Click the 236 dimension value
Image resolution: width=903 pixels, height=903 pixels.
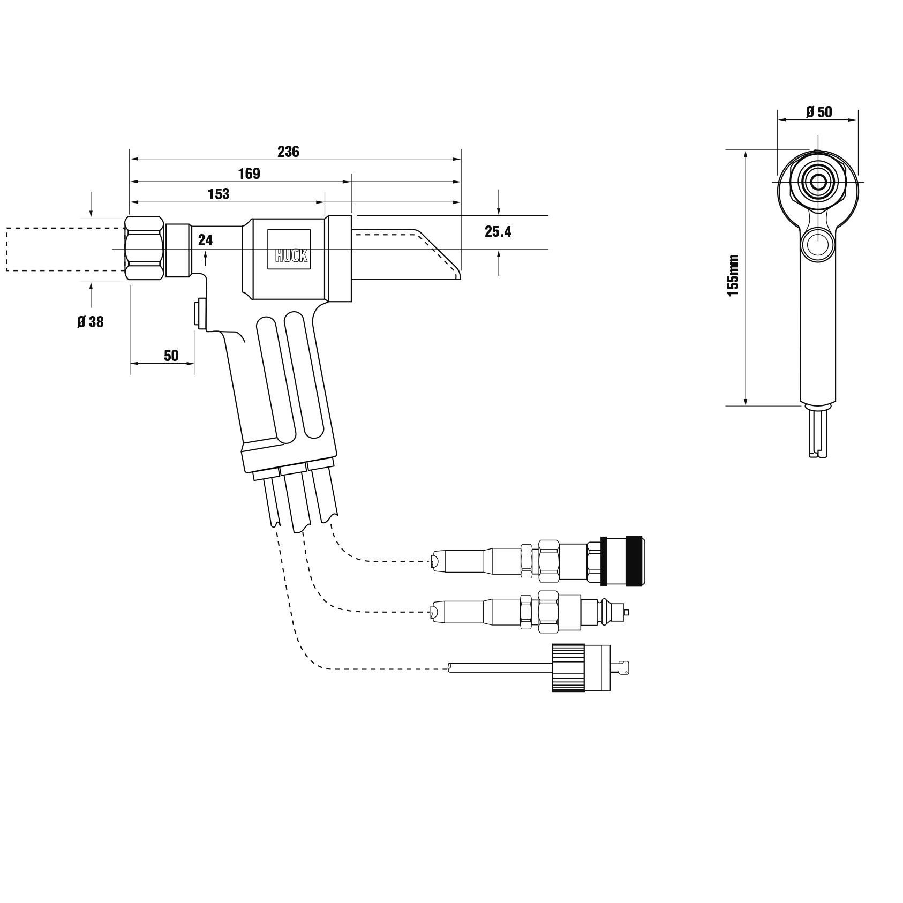[x=288, y=152]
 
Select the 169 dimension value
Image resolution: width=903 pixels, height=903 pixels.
[x=249, y=174]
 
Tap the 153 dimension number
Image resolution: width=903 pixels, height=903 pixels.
[x=219, y=194]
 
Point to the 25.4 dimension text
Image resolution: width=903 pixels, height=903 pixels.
[x=498, y=231]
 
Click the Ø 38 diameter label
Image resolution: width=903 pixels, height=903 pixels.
[x=91, y=322]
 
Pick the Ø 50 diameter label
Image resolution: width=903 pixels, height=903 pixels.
[x=819, y=112]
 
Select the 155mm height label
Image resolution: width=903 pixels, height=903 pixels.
[x=733, y=275]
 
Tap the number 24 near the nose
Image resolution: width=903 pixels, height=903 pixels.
[x=205, y=240]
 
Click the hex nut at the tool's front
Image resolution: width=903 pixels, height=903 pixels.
[x=144, y=248]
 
